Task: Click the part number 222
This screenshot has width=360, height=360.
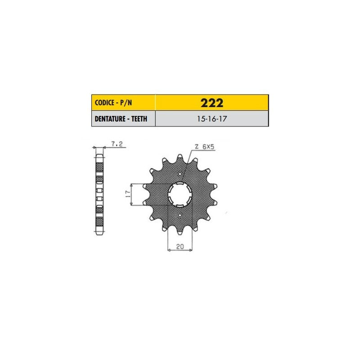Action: point(211,103)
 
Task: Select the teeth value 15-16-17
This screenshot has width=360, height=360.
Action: point(211,119)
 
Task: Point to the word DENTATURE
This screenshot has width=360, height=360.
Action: point(110,119)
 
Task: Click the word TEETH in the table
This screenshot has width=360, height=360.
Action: point(139,119)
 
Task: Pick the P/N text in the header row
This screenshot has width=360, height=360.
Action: point(126,103)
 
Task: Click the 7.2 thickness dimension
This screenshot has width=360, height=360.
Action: point(117,144)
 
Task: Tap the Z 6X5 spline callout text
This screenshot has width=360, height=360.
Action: point(204,147)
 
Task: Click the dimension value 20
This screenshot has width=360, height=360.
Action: point(180,246)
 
